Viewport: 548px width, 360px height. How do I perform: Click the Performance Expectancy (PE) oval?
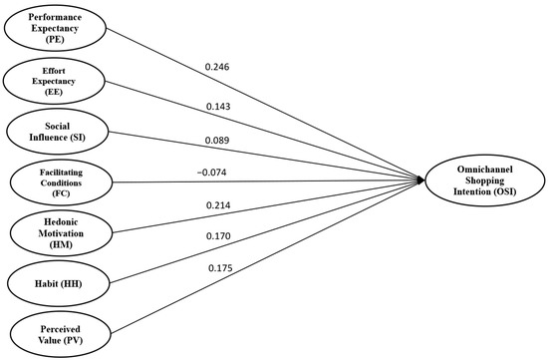pos(56,27)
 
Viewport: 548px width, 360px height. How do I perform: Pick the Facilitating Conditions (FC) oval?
pos(56,181)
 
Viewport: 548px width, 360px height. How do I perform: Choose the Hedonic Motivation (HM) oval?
pos(56,233)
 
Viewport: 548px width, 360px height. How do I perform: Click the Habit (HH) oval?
pos(56,283)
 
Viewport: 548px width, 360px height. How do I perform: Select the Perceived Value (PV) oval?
pos(56,333)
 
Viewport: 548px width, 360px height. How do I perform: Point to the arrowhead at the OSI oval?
pos(422,180)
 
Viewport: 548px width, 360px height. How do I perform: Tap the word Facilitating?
pos(56,170)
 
